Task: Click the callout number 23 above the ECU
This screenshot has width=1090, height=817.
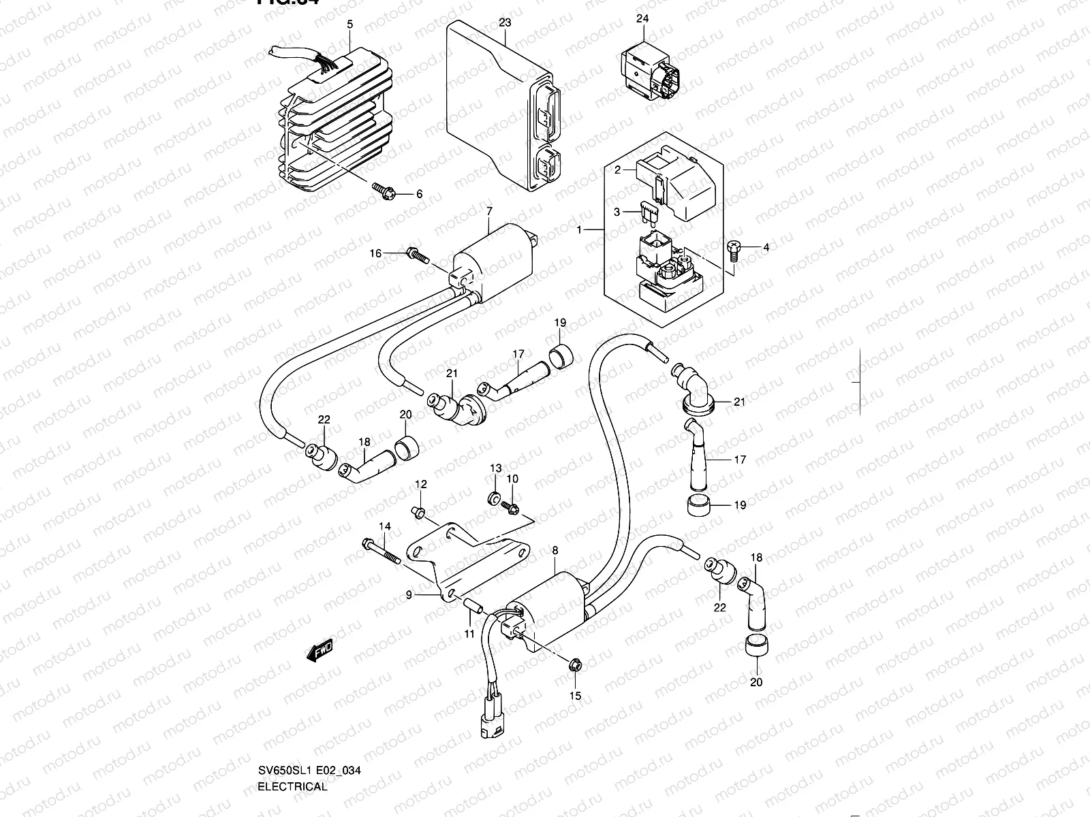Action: click(504, 22)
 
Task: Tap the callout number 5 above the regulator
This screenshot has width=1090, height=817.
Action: click(349, 25)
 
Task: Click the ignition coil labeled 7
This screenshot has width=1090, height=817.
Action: click(494, 262)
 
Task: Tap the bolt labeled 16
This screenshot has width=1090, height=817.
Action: click(417, 255)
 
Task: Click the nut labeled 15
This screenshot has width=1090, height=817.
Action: click(575, 664)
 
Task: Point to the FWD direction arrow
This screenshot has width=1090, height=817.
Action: click(318, 654)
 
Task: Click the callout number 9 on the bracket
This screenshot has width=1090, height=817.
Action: click(409, 594)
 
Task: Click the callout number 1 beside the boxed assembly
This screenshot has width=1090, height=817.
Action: click(580, 230)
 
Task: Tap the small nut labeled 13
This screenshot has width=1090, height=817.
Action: click(495, 498)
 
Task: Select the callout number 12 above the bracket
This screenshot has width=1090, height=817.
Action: click(421, 484)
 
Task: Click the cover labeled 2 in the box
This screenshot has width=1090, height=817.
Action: click(681, 185)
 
